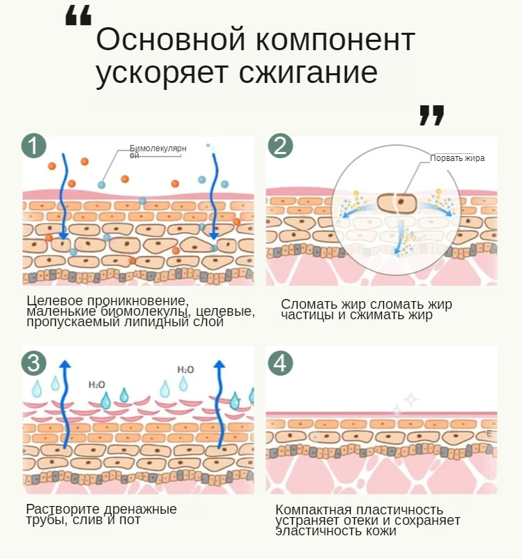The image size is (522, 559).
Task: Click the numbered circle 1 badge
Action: tap(33, 146)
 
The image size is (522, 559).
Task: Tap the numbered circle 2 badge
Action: tap(280, 146)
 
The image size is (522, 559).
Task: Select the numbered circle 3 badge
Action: tap(33, 363)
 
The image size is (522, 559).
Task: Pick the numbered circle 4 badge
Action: tap(280, 363)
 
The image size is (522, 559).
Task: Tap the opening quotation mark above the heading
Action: tap(78, 16)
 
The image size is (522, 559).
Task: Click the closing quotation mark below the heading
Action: tap(432, 115)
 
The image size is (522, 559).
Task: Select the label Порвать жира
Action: tap(457, 158)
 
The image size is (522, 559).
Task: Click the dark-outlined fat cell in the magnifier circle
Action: tap(397, 203)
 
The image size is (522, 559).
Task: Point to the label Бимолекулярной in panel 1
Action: tap(158, 151)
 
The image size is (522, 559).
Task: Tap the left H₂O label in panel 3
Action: tap(96, 384)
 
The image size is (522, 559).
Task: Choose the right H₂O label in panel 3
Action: tap(185, 369)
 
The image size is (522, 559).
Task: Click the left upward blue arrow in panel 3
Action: tap(65, 404)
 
